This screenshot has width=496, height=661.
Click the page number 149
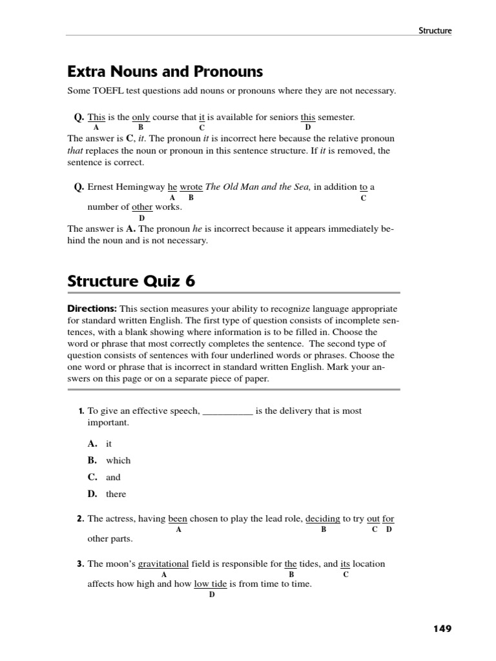[x=441, y=629]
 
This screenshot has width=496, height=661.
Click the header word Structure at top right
[x=435, y=30]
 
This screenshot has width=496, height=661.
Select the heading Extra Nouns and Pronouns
[x=165, y=71]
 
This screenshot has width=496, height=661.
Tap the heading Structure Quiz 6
[x=131, y=281]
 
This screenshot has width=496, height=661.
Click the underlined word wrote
[x=191, y=187]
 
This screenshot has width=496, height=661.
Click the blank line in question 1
[x=227, y=411]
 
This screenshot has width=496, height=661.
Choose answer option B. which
[x=109, y=460]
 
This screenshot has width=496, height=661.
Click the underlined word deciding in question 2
[x=322, y=518]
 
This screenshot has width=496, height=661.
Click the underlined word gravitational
[x=163, y=564]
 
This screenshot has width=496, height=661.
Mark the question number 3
[x=81, y=564]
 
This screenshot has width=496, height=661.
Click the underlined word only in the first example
[x=141, y=117]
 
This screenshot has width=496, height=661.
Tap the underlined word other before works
[x=142, y=207]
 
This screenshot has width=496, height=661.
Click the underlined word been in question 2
[x=178, y=518]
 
